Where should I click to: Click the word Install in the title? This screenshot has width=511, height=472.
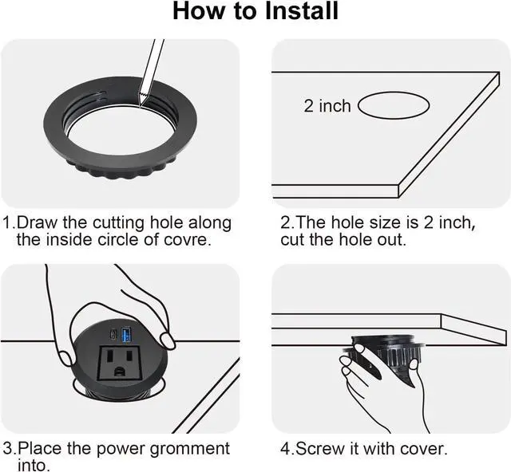click(302, 10)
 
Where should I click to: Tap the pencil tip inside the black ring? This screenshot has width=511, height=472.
click(141, 104)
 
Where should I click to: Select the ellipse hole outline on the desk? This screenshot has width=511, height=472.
click(394, 105)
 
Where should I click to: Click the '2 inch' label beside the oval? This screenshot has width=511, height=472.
click(327, 106)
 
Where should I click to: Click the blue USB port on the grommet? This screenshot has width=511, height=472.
click(126, 335)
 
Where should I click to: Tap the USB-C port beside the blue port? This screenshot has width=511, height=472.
click(113, 335)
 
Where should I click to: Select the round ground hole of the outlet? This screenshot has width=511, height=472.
click(120, 371)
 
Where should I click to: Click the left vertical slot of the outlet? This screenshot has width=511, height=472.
click(109, 356)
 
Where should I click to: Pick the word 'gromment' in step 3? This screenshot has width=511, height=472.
click(190, 449)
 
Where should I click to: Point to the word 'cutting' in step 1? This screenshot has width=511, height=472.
click(118, 223)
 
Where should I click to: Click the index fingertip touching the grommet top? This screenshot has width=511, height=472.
click(168, 340)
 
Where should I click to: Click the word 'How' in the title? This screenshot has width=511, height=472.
click(199, 10)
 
